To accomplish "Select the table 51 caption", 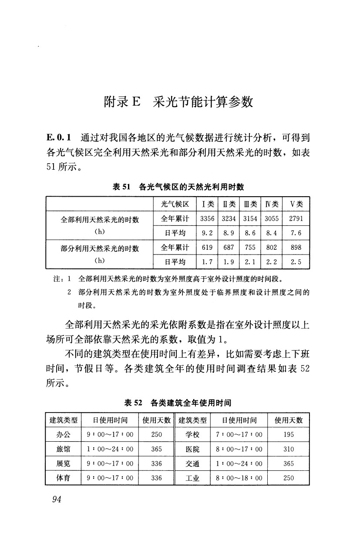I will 178,187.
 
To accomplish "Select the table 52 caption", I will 178,403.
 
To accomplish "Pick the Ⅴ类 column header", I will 296,204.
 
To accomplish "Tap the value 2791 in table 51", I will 296,218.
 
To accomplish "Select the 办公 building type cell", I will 64,434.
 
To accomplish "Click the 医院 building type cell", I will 192,449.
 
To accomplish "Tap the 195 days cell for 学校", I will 288,434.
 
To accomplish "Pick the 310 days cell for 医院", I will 288,449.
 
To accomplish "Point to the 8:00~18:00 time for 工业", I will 239,478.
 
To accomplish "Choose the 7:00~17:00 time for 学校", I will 239,434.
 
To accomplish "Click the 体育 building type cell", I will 64,478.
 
